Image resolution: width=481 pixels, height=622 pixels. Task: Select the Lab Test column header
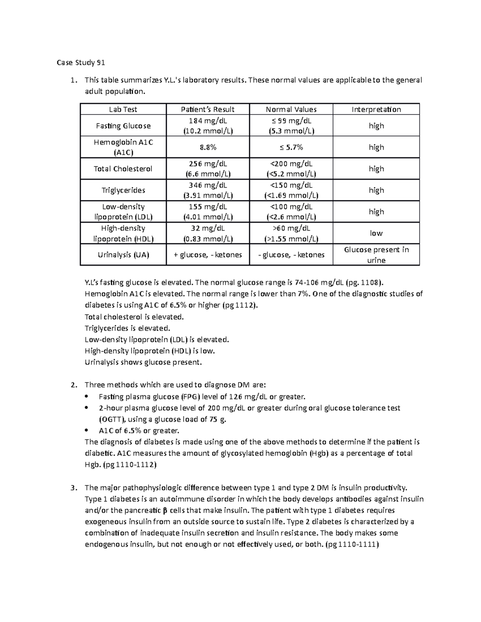[x=123, y=109]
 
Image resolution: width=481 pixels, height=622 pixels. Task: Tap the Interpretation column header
[x=376, y=109]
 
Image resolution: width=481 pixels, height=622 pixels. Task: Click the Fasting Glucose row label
[x=123, y=126]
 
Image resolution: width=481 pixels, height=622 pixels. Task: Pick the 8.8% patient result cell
[x=208, y=147]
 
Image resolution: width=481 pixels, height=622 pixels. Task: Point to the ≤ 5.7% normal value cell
[x=291, y=147]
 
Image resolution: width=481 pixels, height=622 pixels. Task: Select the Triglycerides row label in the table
[x=123, y=190]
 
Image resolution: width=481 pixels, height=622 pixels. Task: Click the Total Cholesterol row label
[x=123, y=169]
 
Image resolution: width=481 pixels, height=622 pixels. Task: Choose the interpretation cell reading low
[x=376, y=233]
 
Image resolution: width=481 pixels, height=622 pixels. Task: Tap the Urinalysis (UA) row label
[x=123, y=255]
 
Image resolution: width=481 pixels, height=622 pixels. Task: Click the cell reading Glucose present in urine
[x=376, y=255]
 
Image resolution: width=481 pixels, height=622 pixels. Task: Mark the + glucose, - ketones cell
[x=208, y=255]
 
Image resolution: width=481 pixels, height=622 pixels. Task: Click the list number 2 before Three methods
[x=73, y=385]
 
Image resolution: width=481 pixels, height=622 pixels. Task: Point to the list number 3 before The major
[x=73, y=488]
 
